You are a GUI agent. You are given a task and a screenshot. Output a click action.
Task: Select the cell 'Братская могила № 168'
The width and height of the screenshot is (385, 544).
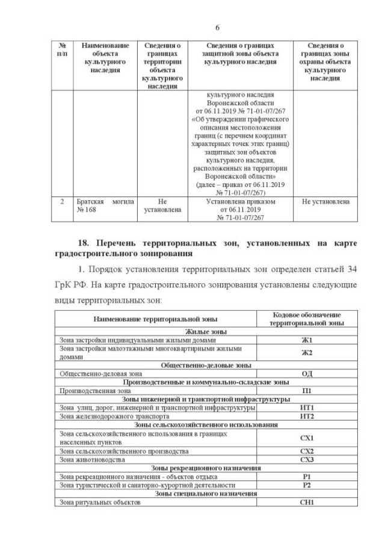click(100, 206)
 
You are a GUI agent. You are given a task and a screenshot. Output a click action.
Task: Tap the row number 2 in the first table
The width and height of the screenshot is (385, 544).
click(63, 202)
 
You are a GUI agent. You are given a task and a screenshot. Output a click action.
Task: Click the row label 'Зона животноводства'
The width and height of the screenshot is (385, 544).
click(92, 459)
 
